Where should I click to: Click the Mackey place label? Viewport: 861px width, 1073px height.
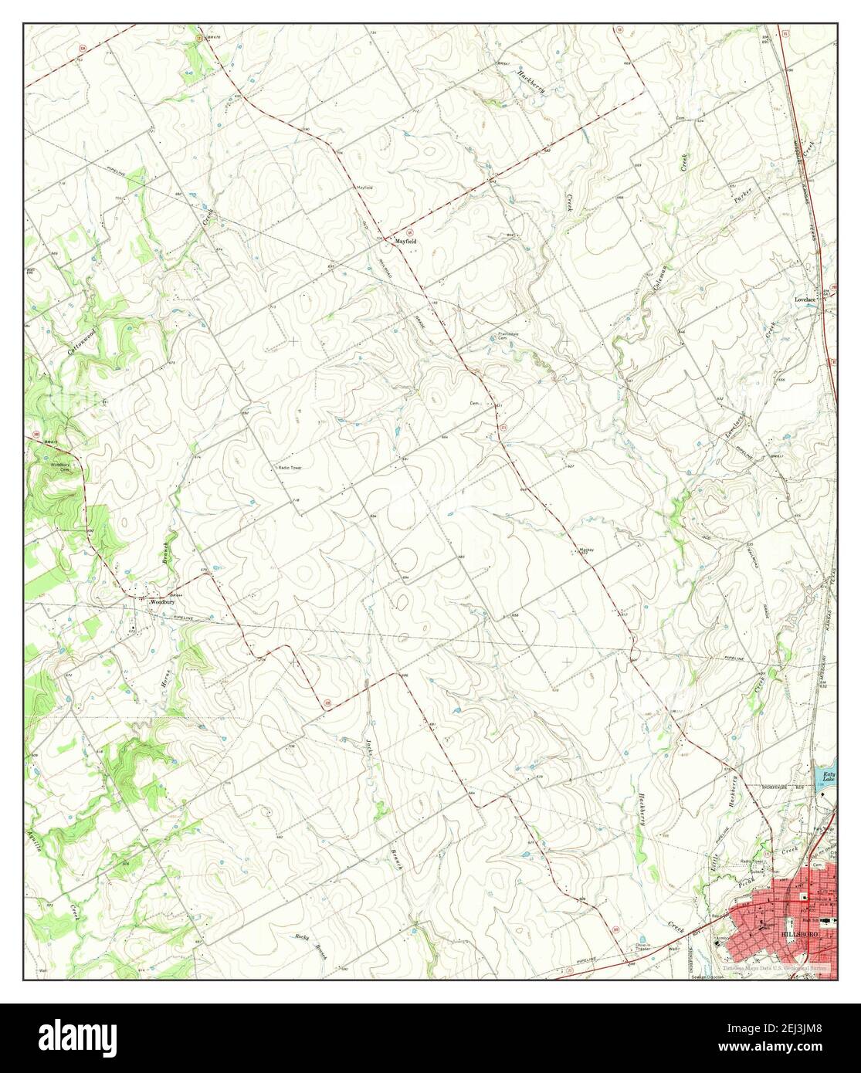coord(585,550)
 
